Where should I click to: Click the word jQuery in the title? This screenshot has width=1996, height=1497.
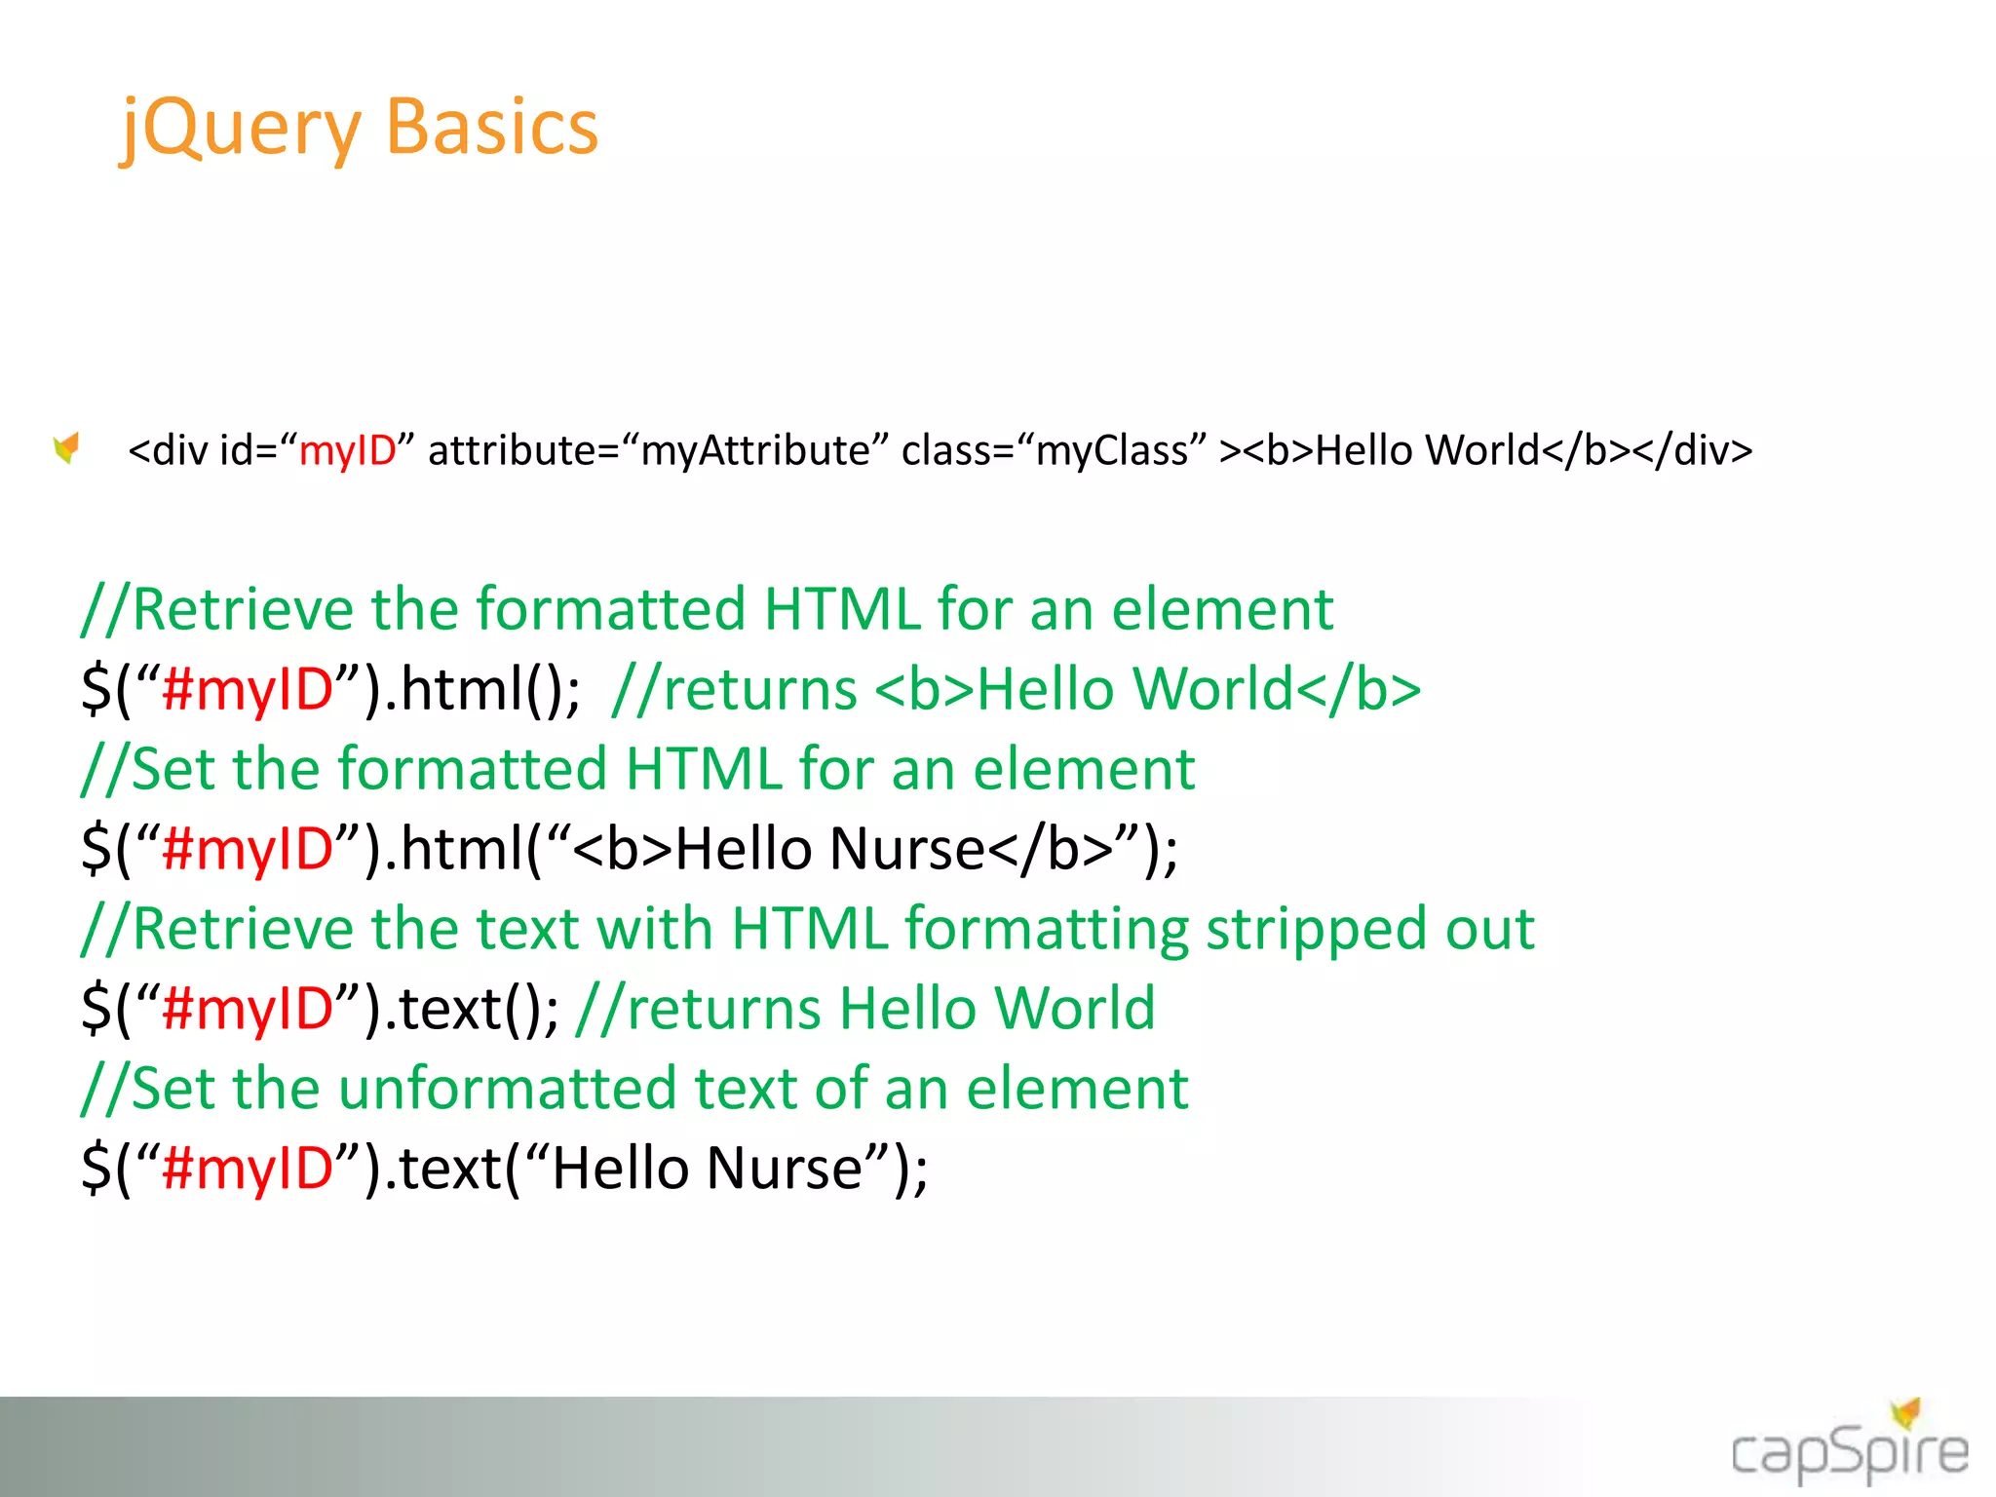click(x=240, y=129)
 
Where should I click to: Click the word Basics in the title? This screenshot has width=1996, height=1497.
click(x=491, y=129)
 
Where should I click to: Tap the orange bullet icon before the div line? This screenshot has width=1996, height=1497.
click(x=66, y=448)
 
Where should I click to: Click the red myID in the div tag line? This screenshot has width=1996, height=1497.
click(x=347, y=450)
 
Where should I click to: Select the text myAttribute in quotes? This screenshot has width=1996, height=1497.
click(x=754, y=450)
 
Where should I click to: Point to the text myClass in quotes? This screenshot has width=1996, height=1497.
click(x=1112, y=450)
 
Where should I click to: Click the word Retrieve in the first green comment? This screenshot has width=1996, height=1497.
click(x=243, y=609)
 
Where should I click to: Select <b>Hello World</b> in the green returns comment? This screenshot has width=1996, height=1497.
click(x=1148, y=689)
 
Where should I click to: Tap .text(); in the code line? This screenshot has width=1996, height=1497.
click(x=473, y=1009)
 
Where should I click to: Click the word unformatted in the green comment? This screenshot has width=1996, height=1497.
click(x=507, y=1089)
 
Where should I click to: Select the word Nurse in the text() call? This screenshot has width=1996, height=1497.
click(x=785, y=1169)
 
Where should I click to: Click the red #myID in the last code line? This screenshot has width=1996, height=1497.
click(x=249, y=1169)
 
